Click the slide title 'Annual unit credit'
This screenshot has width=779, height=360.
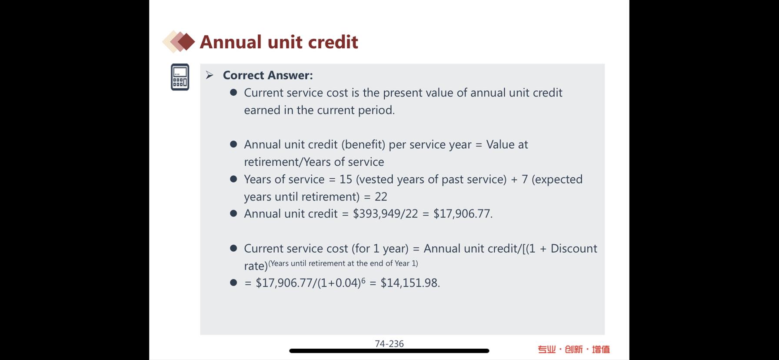[279, 42]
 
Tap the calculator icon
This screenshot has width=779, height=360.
[180, 77]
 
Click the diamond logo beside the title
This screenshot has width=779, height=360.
[179, 42]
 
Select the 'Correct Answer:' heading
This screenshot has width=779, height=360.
[268, 75]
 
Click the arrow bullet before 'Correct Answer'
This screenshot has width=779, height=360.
[210, 75]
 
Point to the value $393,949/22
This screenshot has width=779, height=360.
[385, 214]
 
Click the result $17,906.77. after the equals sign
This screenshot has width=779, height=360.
[463, 214]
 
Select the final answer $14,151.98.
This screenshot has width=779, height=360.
[410, 283]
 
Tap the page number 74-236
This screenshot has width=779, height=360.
[389, 343]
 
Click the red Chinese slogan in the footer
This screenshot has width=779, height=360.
[574, 349]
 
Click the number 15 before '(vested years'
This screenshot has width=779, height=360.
[346, 179]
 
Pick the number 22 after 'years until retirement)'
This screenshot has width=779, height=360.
[381, 197]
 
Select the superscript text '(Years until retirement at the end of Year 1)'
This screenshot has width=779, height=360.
[343, 263]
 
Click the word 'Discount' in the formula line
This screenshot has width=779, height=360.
[574, 248]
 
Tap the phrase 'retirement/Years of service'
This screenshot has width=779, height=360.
[314, 162]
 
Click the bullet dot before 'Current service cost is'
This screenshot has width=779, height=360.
[233, 93]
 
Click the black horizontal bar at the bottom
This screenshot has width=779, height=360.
[389, 351]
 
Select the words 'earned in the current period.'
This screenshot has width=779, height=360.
[319, 110]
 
